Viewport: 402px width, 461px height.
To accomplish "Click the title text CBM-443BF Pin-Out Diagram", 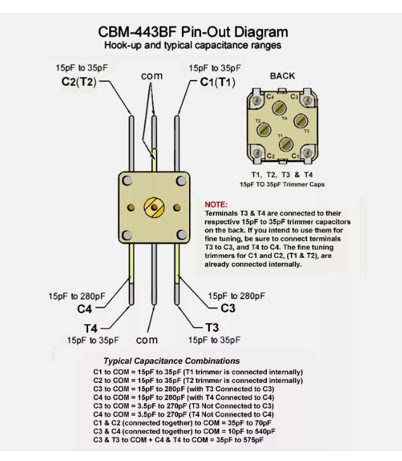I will pyautogui.click(x=201, y=32).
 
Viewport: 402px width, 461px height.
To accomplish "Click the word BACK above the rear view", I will pyautogui.click(x=282, y=76).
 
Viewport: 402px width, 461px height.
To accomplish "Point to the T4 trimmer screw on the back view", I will pyautogui.click(x=283, y=110).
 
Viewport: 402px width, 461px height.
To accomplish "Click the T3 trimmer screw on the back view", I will pyautogui.click(x=302, y=121).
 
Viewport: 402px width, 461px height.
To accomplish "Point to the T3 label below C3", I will pyautogui.click(x=214, y=328).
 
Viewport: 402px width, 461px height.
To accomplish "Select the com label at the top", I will pyautogui.click(x=152, y=76).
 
